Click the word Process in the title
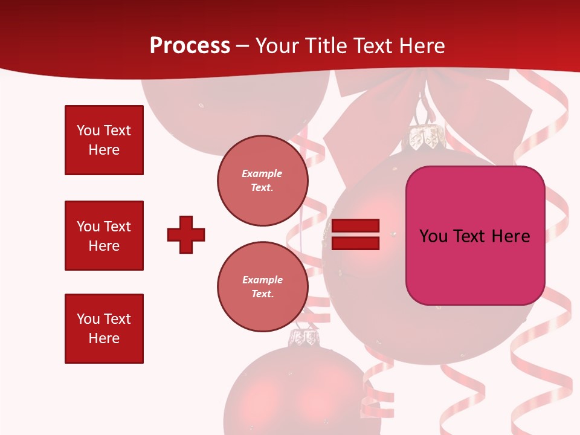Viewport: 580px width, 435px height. [190, 46]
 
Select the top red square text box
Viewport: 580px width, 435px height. [104, 140]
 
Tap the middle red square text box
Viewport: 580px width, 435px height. [104, 236]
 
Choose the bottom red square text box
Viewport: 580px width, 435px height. [104, 329]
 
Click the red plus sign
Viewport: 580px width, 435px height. [186, 234]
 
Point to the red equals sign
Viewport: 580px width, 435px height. [356, 234]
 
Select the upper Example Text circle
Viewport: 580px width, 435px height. [262, 180]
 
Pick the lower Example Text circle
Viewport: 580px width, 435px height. [262, 286]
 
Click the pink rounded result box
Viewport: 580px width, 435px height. [475, 236]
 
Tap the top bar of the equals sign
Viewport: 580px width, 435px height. [356, 226]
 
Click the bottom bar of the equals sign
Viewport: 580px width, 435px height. [356, 243]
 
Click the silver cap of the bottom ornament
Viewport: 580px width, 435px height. [304, 337]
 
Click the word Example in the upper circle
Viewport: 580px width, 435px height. [262, 173]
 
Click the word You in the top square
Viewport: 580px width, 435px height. [88, 130]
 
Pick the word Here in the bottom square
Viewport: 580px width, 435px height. [104, 338]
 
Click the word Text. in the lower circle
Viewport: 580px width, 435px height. [262, 294]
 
